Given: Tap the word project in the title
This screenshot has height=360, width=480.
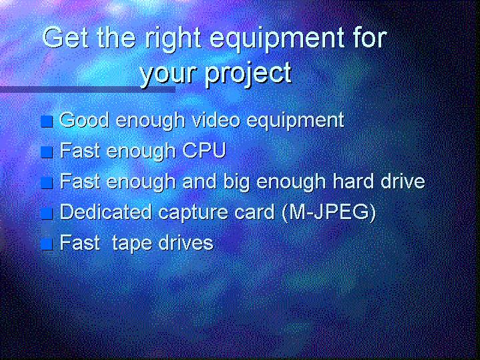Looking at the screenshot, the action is coord(248,74).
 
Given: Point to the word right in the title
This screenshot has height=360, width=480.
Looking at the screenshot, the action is coord(173,40).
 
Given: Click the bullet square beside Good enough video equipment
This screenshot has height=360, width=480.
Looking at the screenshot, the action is coord(47,122).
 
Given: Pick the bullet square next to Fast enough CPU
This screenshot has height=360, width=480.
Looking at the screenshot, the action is coord(47,152).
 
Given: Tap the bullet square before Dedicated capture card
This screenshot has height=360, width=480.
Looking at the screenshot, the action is coord(47,213).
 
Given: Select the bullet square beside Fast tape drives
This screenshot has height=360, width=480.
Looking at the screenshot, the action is coord(47,244).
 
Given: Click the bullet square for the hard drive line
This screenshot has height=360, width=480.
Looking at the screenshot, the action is coord(47,183).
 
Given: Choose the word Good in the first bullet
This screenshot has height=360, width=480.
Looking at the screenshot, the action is coord(84,120).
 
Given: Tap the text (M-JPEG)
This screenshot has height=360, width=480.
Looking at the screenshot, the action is coord(328,212).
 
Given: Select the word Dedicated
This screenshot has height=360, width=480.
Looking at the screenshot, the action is coord(105,212).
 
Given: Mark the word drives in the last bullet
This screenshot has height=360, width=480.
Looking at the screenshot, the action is coord(186,243).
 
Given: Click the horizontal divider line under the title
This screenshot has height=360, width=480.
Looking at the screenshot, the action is coord(87,89).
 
